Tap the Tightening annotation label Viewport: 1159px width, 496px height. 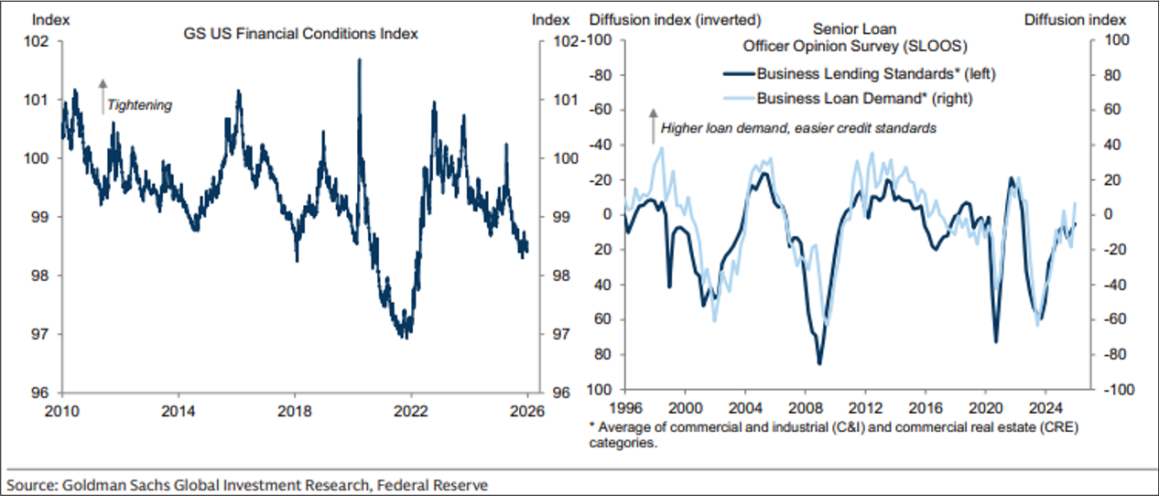point(139,105)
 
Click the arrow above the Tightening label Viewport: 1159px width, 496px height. point(103,95)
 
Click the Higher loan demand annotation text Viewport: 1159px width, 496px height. point(798,129)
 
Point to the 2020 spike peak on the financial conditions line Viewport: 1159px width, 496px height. point(358,59)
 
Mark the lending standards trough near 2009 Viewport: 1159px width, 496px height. point(819,363)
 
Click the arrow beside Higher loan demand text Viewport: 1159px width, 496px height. point(653,125)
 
